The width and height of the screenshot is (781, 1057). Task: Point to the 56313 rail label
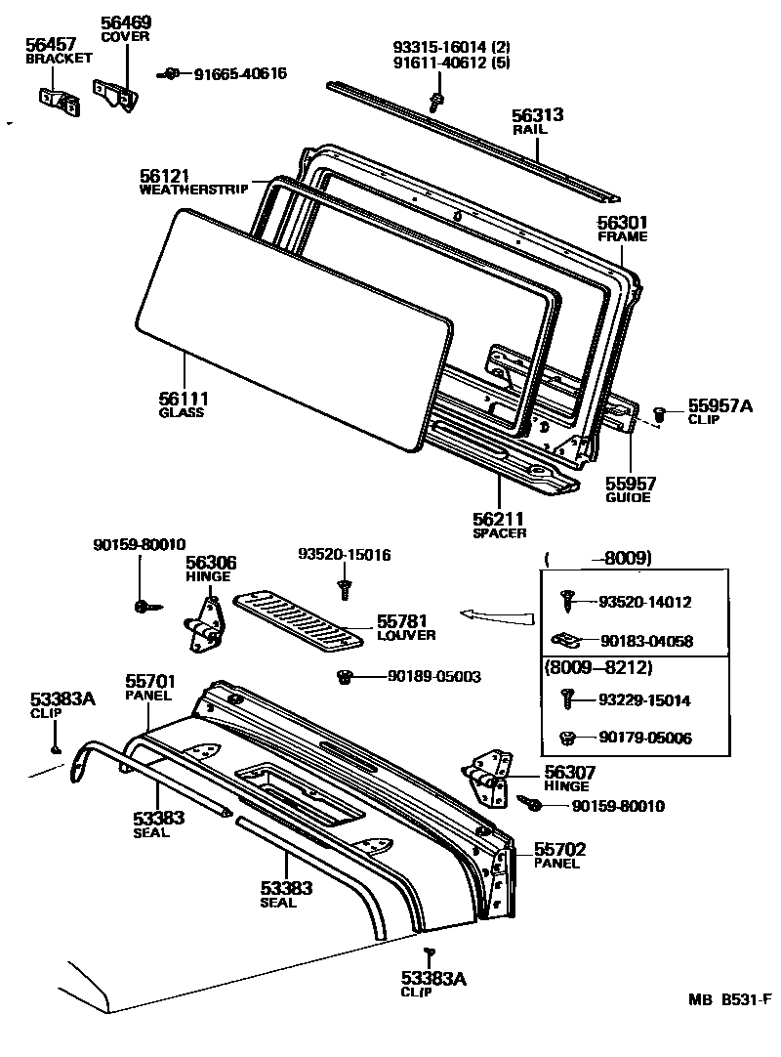click(538, 115)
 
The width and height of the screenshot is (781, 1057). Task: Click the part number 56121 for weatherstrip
click(164, 175)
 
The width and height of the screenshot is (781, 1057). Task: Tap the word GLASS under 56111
click(181, 412)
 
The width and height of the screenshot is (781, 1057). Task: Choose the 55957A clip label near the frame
click(719, 405)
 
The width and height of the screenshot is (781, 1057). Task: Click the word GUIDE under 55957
click(628, 497)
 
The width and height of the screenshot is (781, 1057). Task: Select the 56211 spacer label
click(499, 519)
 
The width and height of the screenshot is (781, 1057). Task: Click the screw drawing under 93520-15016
click(344, 588)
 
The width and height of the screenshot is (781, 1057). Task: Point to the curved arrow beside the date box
click(497, 615)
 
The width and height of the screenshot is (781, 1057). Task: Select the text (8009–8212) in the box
click(596, 668)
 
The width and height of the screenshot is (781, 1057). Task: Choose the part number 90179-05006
click(644, 739)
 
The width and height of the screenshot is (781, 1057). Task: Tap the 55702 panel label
click(560, 849)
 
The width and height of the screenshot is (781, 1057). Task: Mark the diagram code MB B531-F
click(729, 999)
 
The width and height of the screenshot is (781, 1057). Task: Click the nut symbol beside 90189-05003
click(344, 676)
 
